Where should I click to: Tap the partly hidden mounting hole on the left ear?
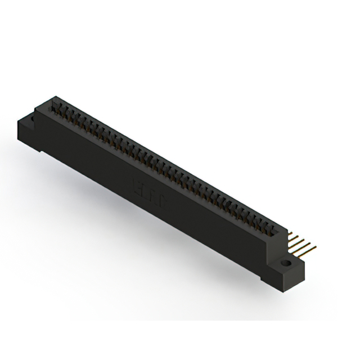[32, 119]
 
